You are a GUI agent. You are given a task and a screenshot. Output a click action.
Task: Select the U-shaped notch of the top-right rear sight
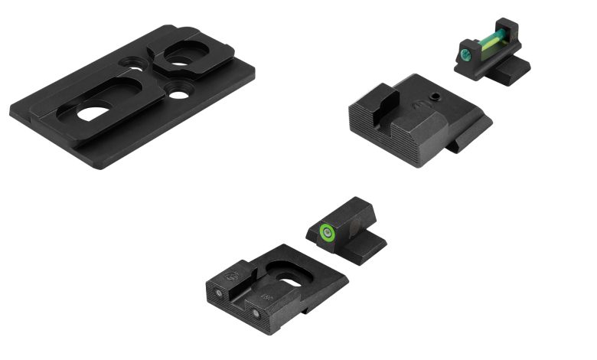[387, 101]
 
